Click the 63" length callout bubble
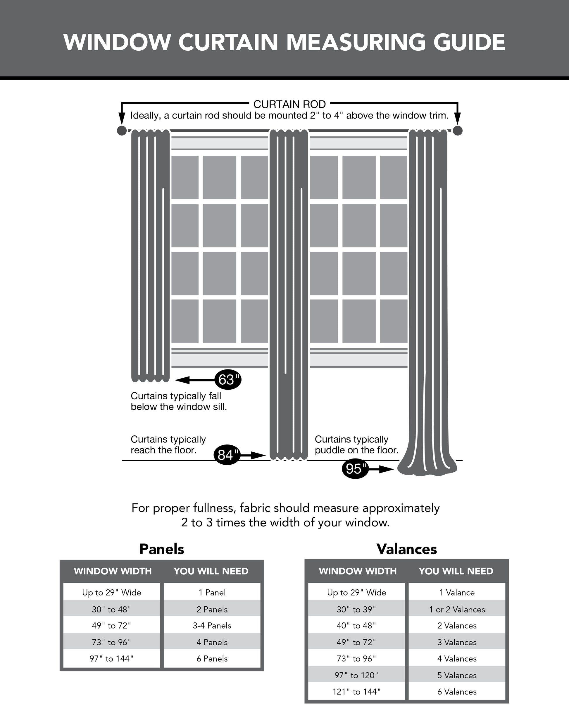pyautogui.click(x=227, y=380)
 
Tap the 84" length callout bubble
pyautogui.click(x=227, y=455)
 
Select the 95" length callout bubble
pyautogui.click(x=355, y=469)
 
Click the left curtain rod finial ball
pyautogui.click(x=122, y=131)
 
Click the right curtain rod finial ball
pyautogui.click(x=458, y=131)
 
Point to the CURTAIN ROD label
pyautogui.click(x=289, y=105)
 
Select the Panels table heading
pyautogui.click(x=161, y=549)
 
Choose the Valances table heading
pyautogui.click(x=406, y=549)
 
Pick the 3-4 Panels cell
pyautogui.click(x=212, y=626)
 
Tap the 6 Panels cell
pyautogui.click(x=212, y=659)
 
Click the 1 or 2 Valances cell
pyautogui.click(x=457, y=610)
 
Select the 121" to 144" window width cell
pyautogui.click(x=356, y=692)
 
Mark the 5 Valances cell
pyautogui.click(x=457, y=675)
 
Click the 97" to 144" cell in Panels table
pyautogui.click(x=111, y=659)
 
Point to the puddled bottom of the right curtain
pyautogui.click(x=427, y=468)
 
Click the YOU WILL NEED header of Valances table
pyautogui.click(x=456, y=571)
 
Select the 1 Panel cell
pyautogui.click(x=212, y=592)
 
